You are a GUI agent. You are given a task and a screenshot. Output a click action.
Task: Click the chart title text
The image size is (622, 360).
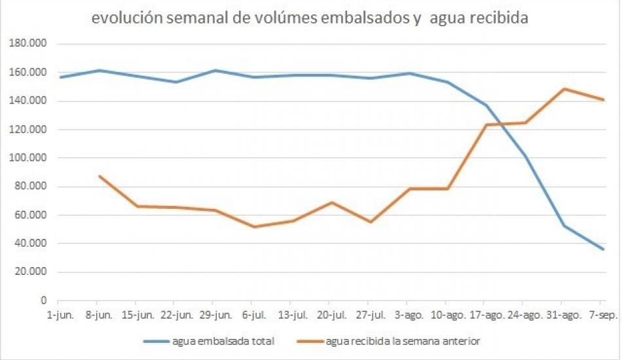pos(310,18)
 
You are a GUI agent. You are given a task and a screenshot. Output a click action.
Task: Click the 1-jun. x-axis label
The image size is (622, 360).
pos(59,315)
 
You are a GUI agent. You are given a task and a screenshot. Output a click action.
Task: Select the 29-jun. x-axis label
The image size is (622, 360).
pos(215,315)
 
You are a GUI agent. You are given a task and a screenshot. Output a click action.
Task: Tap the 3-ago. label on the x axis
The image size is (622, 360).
pos(409,315)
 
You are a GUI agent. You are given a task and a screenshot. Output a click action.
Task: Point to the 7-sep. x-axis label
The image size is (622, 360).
pos(602,315)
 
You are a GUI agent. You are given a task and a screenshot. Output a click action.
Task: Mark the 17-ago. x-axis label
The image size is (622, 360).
pos(486,315)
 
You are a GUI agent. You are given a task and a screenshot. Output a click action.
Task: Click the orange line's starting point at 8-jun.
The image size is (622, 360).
pos(98,176)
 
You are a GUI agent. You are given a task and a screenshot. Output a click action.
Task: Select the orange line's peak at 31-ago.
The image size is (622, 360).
pos(564,89)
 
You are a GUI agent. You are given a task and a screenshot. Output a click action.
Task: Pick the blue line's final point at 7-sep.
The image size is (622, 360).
pos(603,249)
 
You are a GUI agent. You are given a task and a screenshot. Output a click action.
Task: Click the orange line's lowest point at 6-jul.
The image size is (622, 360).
pos(253,226)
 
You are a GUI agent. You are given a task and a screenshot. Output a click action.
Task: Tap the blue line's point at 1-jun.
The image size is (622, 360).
pos(60,77)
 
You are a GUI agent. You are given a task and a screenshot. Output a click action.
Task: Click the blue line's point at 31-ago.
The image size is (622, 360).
pos(564,226)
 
